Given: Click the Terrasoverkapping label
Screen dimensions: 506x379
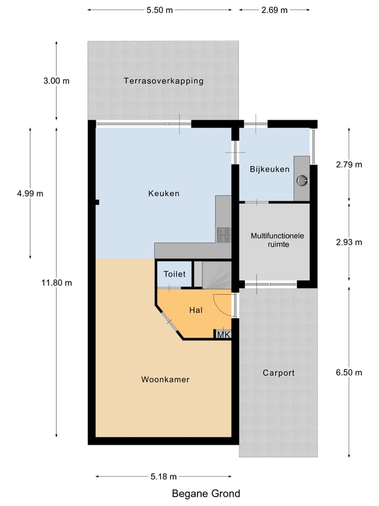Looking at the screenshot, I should (163, 81).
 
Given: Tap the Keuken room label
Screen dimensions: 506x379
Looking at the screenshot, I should (164, 193).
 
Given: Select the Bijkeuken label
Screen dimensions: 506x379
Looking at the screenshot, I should (270, 169).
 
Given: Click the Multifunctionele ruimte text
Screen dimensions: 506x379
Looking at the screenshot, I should (277, 240).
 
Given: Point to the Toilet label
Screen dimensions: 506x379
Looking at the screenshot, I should (174, 274).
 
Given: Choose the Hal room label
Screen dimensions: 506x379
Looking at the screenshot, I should (196, 310).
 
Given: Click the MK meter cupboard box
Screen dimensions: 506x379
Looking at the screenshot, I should (223, 334).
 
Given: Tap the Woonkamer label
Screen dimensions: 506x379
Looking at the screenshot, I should (165, 379).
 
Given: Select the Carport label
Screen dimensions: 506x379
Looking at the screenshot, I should (278, 373).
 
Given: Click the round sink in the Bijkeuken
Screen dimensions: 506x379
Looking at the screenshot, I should (302, 180).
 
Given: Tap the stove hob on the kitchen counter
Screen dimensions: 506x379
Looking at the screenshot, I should (223, 234).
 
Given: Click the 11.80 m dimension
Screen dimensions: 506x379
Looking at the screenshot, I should (56, 283).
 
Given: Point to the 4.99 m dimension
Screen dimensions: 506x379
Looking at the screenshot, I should (30, 193).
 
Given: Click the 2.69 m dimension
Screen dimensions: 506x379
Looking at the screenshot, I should (274, 10).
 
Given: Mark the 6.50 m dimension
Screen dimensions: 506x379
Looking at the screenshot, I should (349, 373).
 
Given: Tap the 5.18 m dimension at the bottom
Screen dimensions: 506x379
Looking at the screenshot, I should (163, 476).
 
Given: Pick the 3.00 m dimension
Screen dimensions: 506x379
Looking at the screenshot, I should (56, 81).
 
